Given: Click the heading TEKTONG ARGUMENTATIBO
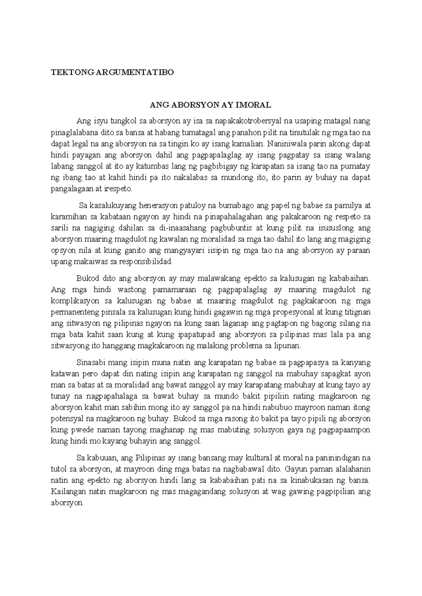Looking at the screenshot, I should tap(112, 72).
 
